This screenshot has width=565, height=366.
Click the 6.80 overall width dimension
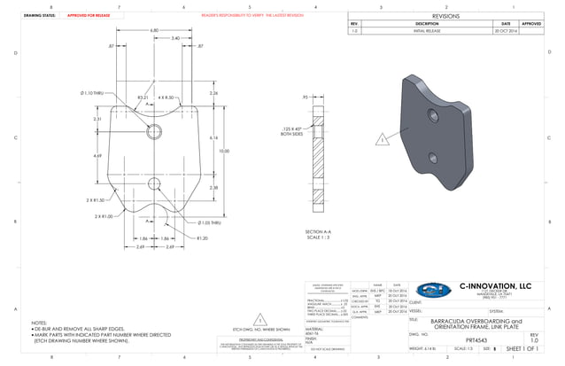pos(154,30)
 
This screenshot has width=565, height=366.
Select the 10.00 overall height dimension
pos(224,152)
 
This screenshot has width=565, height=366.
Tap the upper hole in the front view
pos(152,132)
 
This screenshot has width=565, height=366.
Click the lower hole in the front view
pos(152,184)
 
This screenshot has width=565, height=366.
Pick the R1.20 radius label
pos(202,238)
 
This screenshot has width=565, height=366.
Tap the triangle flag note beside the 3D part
pos(382,140)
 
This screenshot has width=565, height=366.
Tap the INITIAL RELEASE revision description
pos(427,31)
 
